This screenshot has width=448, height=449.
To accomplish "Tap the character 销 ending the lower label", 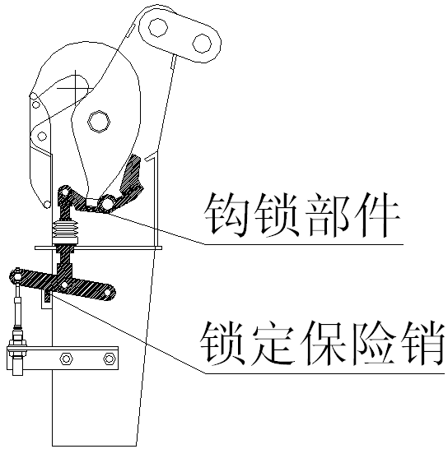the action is pos(424,344).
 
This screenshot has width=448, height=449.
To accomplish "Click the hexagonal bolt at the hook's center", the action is pos(99,122).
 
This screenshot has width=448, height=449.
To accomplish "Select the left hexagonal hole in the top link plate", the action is pos(158,27).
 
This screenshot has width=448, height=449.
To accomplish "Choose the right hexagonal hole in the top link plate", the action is pos(202,44).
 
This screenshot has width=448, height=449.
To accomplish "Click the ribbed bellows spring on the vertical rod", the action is pos(66,232).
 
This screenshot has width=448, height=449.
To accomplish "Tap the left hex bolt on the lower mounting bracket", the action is pos(66,359).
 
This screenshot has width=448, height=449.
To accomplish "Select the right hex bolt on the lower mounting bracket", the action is pos(110,359).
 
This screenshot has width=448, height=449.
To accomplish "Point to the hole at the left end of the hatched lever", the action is pos(17,276).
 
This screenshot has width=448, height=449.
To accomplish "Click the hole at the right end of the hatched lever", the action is pos(107,293).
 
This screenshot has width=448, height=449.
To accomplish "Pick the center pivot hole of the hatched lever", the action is pos(64,285).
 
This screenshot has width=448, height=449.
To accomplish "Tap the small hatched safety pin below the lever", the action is pos(47,297).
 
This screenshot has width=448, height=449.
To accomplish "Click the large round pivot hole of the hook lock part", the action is pos(107,204).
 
